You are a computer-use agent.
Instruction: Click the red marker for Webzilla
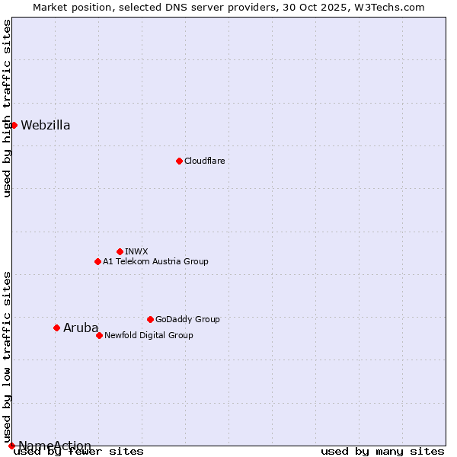(x=14, y=125)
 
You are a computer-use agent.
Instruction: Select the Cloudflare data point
(x=179, y=161)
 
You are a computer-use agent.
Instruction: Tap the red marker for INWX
(x=120, y=251)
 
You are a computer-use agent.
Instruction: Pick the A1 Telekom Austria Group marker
(x=97, y=261)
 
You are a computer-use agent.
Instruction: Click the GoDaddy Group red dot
(x=150, y=319)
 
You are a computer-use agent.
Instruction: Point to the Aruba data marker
(x=56, y=328)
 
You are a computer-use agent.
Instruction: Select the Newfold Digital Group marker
(x=99, y=335)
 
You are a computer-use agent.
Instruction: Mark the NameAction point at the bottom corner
(x=11, y=446)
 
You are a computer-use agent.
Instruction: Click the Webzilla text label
(x=46, y=126)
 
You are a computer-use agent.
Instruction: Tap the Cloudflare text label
(x=204, y=161)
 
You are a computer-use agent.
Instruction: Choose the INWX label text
(x=136, y=251)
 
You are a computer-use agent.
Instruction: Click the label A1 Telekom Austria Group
(x=155, y=261)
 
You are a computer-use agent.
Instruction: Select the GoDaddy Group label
(x=187, y=319)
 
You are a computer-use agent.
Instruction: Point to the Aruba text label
(x=81, y=328)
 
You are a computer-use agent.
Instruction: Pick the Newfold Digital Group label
(x=149, y=335)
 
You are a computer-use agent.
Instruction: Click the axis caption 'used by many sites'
(x=382, y=452)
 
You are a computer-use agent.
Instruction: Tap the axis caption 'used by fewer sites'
(x=79, y=452)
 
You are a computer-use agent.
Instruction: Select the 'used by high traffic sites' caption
(x=8, y=108)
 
